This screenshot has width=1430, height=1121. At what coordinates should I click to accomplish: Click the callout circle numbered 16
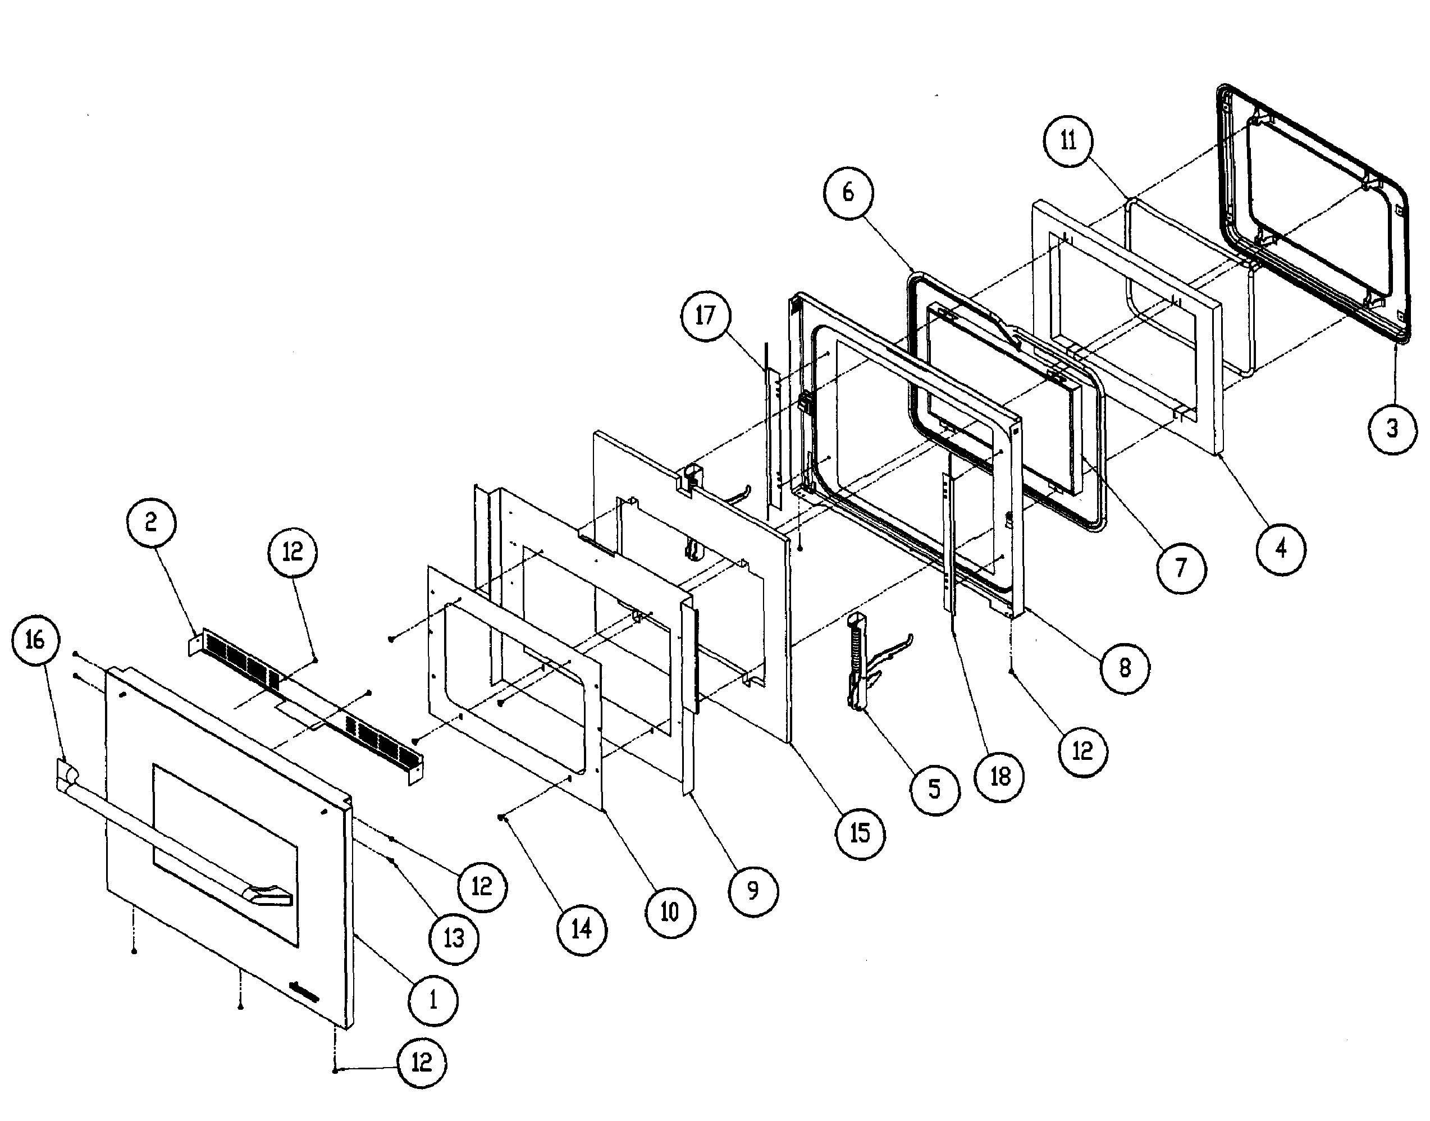pyautogui.click(x=35, y=640)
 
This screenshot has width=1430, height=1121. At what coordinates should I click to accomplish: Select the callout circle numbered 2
pyautogui.click(x=151, y=523)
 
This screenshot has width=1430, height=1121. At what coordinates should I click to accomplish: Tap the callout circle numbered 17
pyautogui.click(x=705, y=316)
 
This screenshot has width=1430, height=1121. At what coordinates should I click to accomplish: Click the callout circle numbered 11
pyautogui.click(x=1068, y=140)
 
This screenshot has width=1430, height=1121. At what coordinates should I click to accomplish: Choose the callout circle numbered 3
pyautogui.click(x=1392, y=429)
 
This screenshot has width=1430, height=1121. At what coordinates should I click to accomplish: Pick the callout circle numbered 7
pyautogui.click(x=1181, y=568)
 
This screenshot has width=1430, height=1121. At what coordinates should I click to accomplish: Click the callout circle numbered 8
pyautogui.click(x=1125, y=668)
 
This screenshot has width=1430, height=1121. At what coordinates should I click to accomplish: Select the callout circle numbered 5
pyautogui.click(x=935, y=790)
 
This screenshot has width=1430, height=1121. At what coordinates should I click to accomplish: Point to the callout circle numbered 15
pyautogui.click(x=860, y=833)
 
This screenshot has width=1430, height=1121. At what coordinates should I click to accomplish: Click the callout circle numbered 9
pyautogui.click(x=753, y=891)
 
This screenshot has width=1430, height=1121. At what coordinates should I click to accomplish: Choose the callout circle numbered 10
pyautogui.click(x=670, y=912)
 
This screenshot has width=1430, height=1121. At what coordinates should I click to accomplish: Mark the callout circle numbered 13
pyautogui.click(x=454, y=938)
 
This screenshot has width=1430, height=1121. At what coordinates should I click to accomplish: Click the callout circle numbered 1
pyautogui.click(x=433, y=1000)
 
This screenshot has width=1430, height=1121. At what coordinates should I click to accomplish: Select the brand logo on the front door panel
pyautogui.click(x=304, y=993)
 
